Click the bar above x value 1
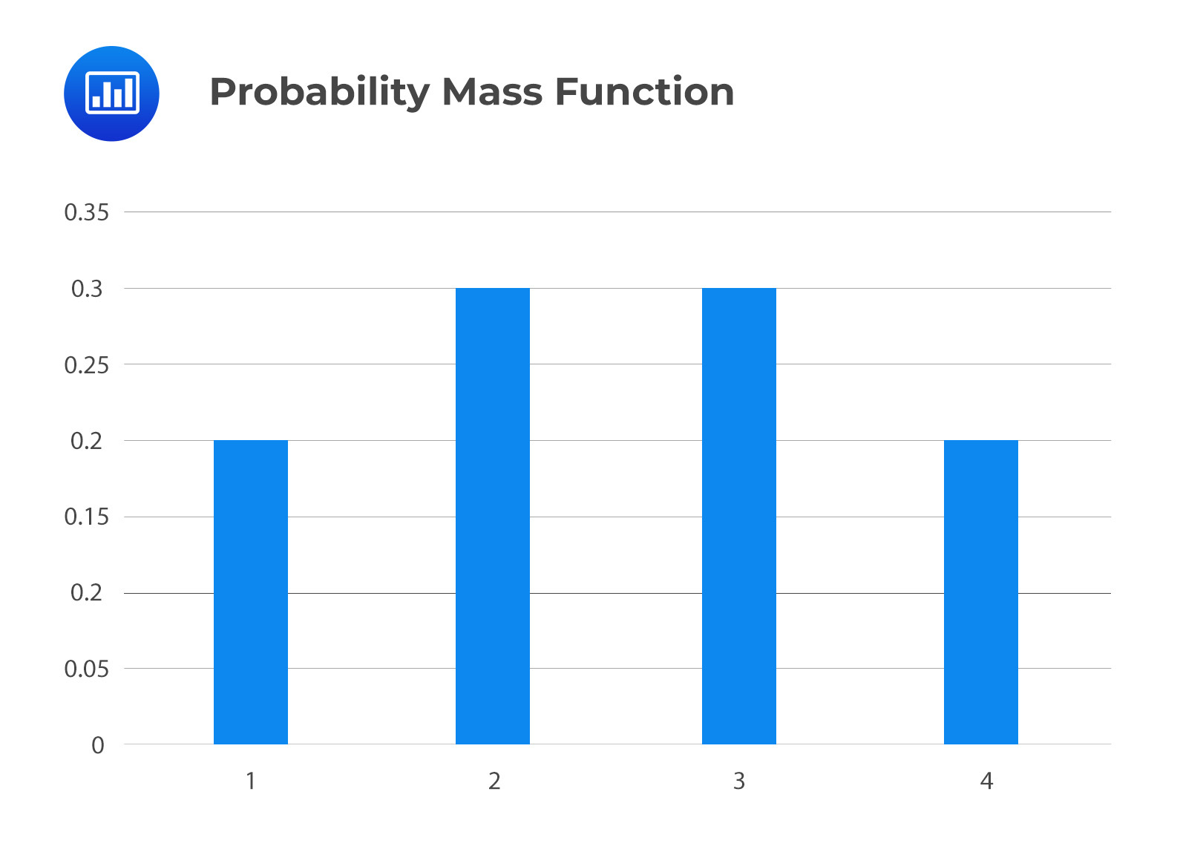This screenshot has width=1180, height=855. [x=251, y=592]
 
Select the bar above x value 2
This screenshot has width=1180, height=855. [x=493, y=517]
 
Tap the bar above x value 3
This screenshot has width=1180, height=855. [x=739, y=517]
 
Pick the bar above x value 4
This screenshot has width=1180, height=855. [x=981, y=592]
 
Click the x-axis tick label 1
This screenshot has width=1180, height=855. [x=251, y=781]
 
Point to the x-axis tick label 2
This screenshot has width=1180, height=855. [x=494, y=781]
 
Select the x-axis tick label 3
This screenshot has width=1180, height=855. [x=739, y=781]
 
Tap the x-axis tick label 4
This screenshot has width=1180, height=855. [x=986, y=781]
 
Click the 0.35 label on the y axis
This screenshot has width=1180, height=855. [x=86, y=212]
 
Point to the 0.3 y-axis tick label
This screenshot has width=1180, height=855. [x=87, y=289]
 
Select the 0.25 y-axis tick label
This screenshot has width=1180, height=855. [x=86, y=365]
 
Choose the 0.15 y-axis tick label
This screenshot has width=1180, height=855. [x=86, y=517]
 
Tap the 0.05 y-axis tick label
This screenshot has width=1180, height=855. [x=86, y=669]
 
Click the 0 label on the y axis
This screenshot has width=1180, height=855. [x=98, y=745]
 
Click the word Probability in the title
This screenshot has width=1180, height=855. [x=320, y=92]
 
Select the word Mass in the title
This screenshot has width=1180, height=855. [x=493, y=92]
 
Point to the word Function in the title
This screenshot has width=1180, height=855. [x=645, y=91]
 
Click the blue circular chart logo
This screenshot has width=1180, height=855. [x=111, y=94]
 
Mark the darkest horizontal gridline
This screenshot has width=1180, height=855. [x=617, y=593]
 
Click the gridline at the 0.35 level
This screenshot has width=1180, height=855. [x=617, y=212]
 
